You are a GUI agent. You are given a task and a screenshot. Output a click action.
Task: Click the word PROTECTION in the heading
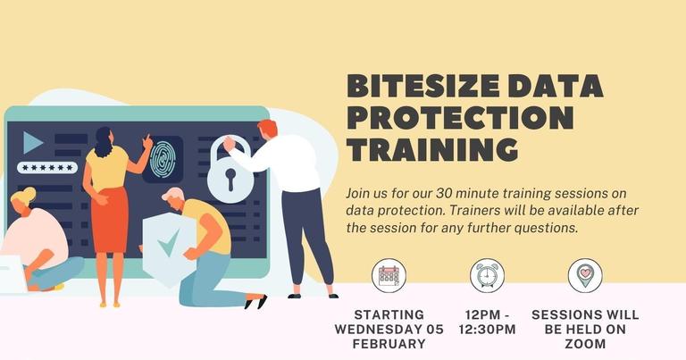[460, 117]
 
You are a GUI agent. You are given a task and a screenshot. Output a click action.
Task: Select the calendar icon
[389, 276]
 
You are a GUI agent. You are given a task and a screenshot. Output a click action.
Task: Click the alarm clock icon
[489, 276]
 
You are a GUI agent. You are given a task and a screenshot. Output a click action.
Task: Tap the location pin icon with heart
[585, 276]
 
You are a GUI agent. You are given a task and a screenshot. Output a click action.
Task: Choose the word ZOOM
[585, 343]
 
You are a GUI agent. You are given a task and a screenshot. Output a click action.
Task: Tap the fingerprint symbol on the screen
[163, 158]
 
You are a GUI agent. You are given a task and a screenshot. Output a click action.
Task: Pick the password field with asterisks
[47, 167]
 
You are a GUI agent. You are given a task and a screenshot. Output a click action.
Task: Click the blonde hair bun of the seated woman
[27, 194]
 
